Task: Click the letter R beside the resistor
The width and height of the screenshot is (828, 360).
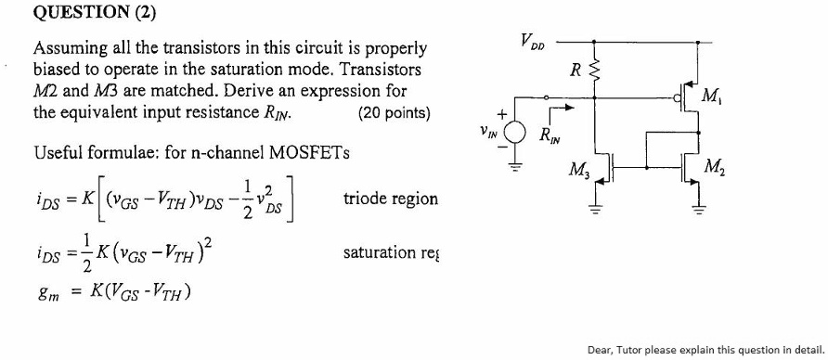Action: point(576,69)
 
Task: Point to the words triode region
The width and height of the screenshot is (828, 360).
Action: point(390,199)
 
